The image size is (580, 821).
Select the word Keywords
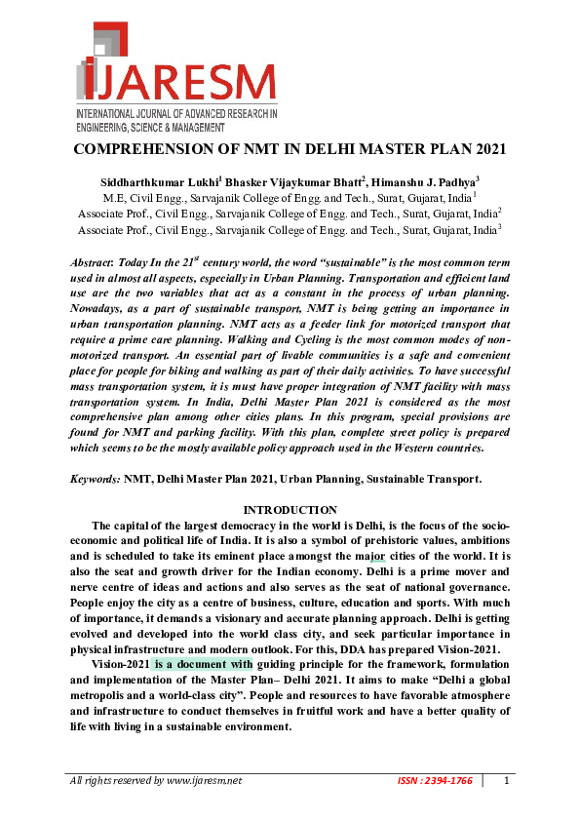point(95,480)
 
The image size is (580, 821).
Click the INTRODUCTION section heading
point(290,510)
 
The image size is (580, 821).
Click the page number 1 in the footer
point(507,781)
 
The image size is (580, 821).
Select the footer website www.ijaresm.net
point(203,781)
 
